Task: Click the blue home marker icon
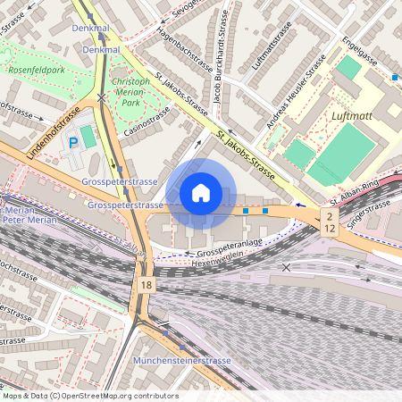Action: pos(201,193)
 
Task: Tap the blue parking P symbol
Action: pos(73,142)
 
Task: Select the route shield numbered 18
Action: pos(146,283)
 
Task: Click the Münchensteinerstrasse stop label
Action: pos(181,360)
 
